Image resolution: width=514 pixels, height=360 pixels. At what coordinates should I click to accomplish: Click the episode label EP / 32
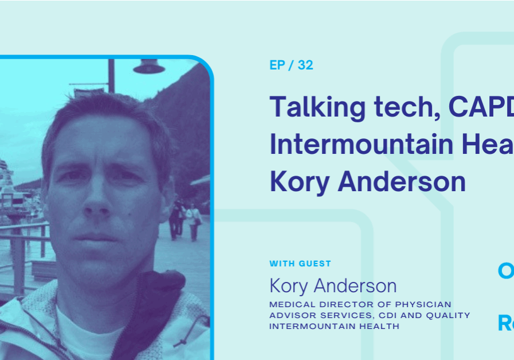point(291,65)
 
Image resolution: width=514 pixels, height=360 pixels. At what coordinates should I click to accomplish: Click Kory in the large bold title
point(298,182)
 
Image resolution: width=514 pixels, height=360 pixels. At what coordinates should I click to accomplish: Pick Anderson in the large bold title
point(402,181)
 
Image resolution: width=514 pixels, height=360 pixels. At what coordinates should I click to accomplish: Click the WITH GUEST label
point(300,264)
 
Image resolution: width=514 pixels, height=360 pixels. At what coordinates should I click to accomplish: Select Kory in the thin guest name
point(290,286)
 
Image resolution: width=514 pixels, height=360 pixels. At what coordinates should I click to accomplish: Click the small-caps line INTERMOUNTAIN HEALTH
point(334,326)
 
